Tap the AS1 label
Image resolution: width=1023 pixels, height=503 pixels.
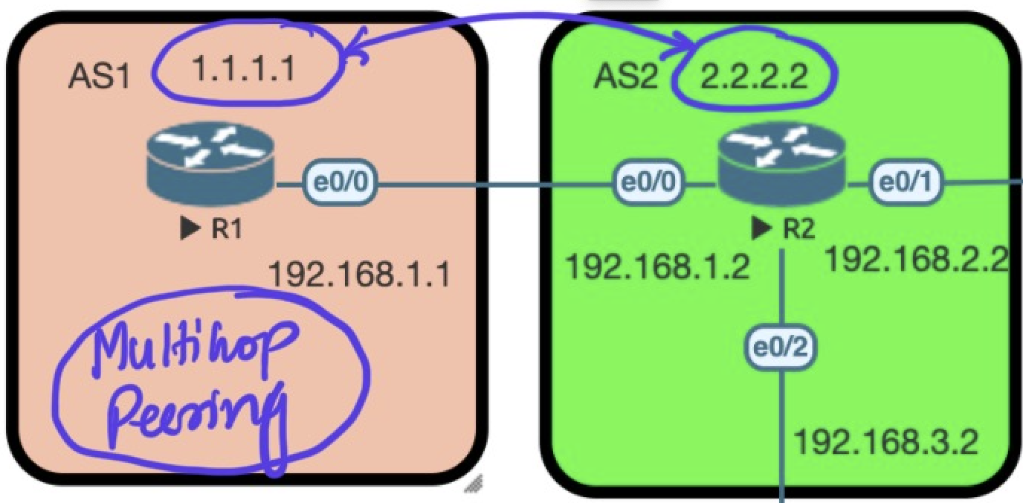click(x=100, y=76)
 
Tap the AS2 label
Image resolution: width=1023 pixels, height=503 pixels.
click(x=626, y=76)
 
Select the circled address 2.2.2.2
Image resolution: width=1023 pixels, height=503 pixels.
click(x=754, y=77)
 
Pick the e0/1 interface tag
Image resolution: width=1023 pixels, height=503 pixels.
click(x=906, y=182)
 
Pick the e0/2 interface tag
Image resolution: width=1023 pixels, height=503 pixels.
click(x=781, y=347)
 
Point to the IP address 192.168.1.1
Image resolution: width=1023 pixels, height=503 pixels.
click(x=359, y=275)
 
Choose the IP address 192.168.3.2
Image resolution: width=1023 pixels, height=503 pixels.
click(x=885, y=443)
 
